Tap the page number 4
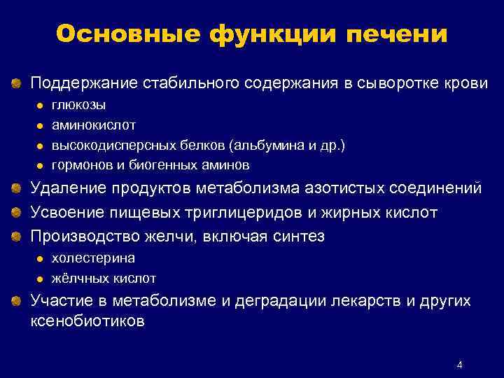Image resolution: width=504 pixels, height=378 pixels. pos(459,365)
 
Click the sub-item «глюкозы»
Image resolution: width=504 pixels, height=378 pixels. pos(80,105)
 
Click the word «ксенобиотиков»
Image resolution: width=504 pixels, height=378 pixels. pos(87,322)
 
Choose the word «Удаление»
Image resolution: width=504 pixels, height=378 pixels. pos(61,189)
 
